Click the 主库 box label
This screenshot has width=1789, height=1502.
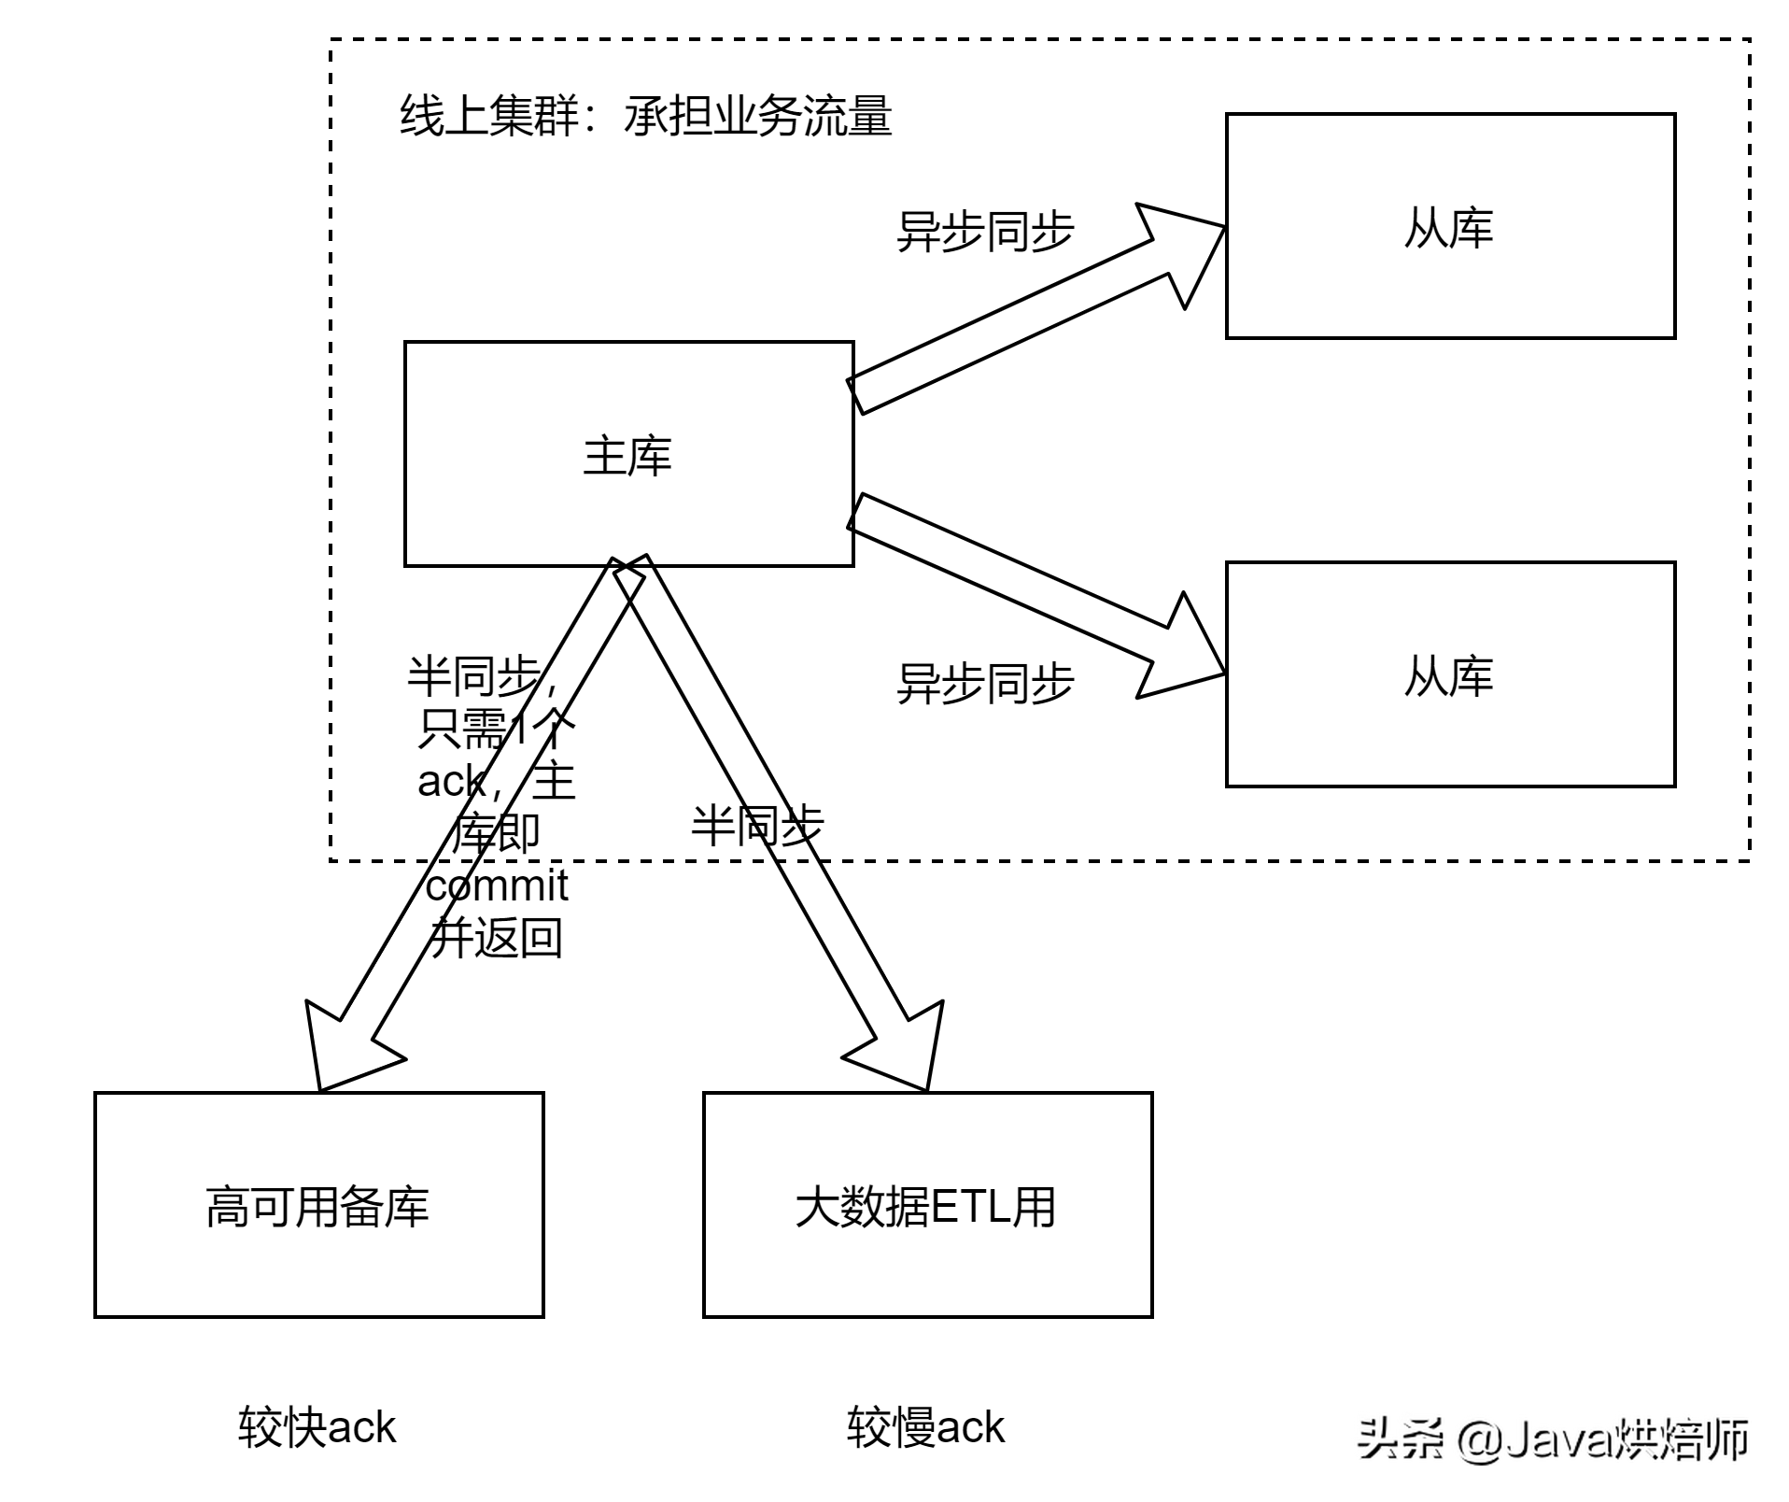pos(627,457)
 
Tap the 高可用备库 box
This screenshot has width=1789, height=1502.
pos(318,1205)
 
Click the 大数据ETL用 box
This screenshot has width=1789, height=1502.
pos(927,1205)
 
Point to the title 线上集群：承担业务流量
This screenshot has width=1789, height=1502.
pos(645,117)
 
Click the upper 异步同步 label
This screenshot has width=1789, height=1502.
pos(985,231)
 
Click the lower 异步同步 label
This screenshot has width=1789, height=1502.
pos(985,683)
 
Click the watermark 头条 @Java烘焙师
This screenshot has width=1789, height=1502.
pos(1549,1436)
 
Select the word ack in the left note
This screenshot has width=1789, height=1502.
pos(451,781)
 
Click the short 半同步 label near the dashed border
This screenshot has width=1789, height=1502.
pos(757,826)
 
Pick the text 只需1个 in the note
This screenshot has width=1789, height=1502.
pos(494,729)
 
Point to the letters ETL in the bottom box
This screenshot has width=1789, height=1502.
pos(971,1206)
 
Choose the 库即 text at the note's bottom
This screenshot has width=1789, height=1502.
pos(495,831)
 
